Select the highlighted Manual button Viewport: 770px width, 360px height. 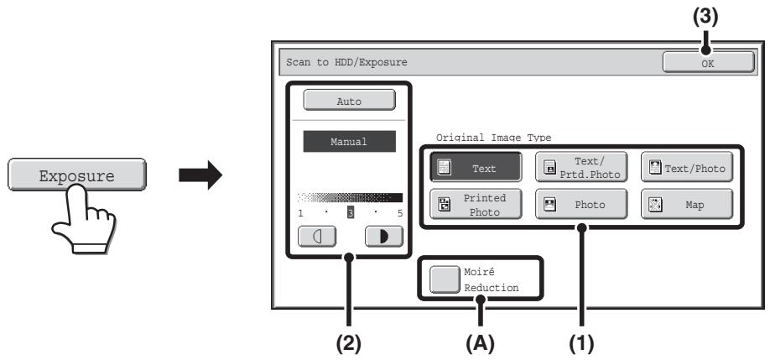[x=349, y=142]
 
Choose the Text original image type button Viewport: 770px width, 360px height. [x=476, y=167]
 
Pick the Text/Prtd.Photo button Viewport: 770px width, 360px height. [x=581, y=167]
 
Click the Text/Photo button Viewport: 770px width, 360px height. [x=687, y=167]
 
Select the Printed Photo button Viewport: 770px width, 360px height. [x=476, y=204]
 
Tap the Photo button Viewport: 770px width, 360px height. [x=581, y=204]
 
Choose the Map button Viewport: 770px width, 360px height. [x=687, y=204]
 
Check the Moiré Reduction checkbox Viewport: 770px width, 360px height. [x=445, y=279]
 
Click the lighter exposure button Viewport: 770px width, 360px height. [x=317, y=237]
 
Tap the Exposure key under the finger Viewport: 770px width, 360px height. [x=77, y=175]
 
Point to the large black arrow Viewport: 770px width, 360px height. [x=200, y=175]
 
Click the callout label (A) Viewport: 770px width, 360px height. [x=481, y=344]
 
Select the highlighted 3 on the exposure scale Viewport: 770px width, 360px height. [x=351, y=212]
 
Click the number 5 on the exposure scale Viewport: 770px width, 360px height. [x=400, y=213]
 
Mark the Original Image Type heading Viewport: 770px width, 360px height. [x=493, y=138]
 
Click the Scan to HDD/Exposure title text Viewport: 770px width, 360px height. [x=346, y=62]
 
